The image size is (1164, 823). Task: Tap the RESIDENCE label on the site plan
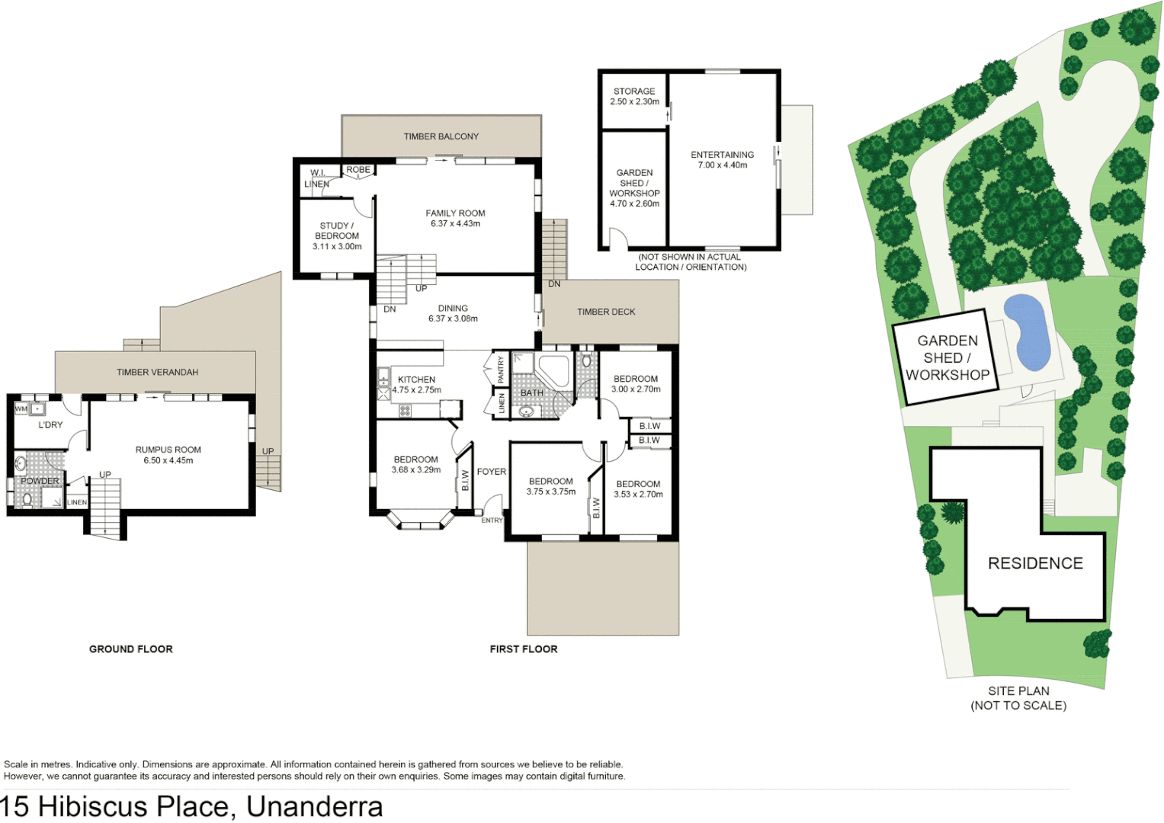(1035, 563)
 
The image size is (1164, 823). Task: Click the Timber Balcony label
(441, 136)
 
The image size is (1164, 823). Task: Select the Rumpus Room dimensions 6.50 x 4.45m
(168, 460)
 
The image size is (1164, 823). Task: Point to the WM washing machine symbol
(21, 409)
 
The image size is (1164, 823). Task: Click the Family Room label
(455, 213)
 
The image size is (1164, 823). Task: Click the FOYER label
(492, 472)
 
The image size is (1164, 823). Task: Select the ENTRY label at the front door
(492, 520)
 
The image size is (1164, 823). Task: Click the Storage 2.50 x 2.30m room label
(634, 96)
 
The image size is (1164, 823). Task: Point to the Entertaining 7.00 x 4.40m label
(722, 159)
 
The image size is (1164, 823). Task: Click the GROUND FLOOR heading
(131, 649)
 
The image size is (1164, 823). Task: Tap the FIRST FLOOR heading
(524, 649)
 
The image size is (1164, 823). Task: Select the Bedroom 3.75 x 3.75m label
(551, 486)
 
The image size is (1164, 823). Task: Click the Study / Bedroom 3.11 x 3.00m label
(337, 235)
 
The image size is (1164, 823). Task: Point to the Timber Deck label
(606, 312)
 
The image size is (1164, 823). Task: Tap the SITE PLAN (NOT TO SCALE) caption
(1018, 698)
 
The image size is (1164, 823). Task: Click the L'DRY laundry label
(50, 425)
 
